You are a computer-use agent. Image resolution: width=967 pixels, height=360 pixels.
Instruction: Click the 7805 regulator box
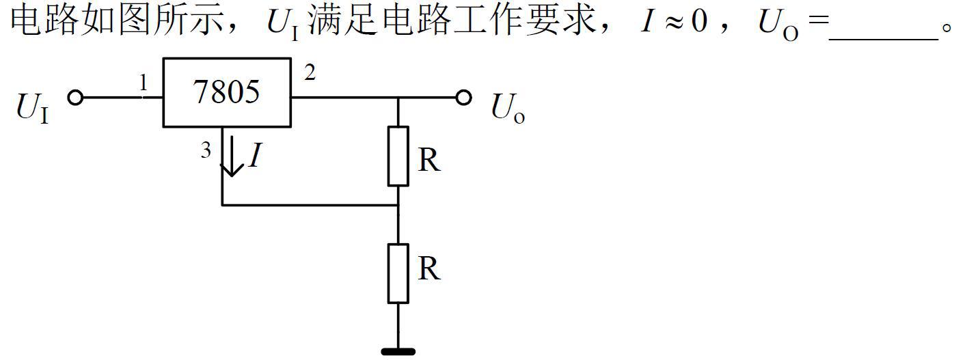pos(227,92)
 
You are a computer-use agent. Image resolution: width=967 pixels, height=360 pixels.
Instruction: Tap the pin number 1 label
pos(144,83)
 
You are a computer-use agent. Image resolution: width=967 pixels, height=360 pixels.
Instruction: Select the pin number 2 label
pos(310,72)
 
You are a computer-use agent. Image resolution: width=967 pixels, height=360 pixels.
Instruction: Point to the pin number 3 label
pos(206,151)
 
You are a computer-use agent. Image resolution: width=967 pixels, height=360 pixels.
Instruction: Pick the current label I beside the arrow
pos(255,156)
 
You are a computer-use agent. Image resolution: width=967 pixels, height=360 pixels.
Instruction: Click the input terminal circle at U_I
pos(75,98)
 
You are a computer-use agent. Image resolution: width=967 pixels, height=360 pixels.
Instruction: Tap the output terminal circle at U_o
pos(464,98)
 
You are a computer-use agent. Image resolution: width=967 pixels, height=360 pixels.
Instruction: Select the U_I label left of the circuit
pos(33,109)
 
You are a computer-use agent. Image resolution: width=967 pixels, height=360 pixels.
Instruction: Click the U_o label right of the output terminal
pos(508,109)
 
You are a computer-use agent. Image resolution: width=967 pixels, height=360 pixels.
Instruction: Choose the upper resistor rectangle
pos(398,156)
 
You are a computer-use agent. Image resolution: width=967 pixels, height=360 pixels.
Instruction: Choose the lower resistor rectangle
pos(398,273)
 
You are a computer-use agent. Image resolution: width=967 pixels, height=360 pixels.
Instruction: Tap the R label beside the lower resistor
pos(428,269)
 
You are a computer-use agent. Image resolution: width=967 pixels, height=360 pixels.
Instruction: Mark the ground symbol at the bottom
pos(398,352)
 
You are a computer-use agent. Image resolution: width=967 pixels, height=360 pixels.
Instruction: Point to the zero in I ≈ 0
pos(698,23)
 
